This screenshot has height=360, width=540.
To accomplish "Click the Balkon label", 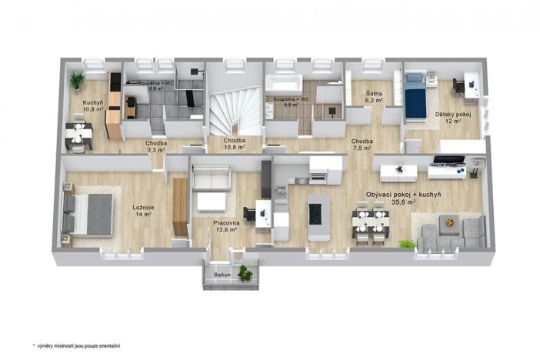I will click(x=222, y=274).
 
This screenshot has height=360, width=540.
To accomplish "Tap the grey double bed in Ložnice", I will click(x=91, y=213).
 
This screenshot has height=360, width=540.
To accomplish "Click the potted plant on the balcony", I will click(x=245, y=272).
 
